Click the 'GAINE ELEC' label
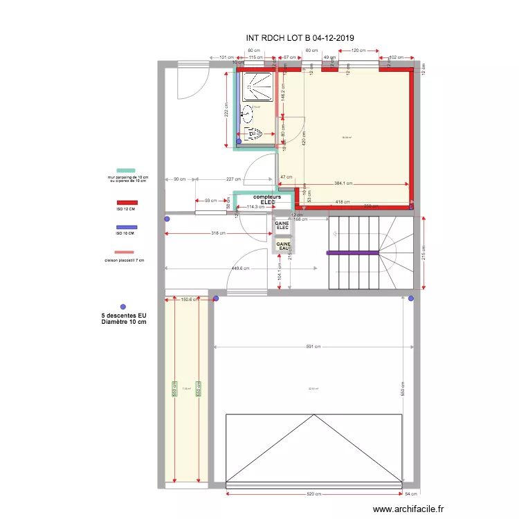point(282,226)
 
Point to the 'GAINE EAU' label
point(284,245)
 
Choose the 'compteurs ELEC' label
point(266,199)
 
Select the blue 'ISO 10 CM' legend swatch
point(125,227)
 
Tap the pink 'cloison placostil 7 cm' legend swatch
point(125,253)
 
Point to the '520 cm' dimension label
point(314,493)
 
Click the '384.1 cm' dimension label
point(344,183)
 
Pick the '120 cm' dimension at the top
point(358,51)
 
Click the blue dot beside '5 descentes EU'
point(123,306)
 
